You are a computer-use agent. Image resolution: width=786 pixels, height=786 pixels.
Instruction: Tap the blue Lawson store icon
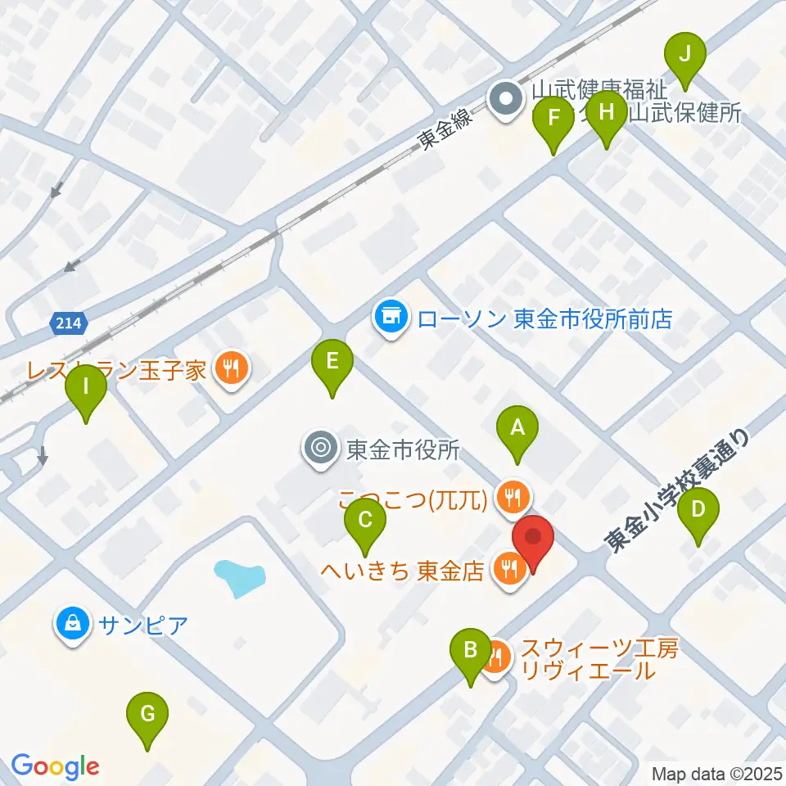click(391, 316)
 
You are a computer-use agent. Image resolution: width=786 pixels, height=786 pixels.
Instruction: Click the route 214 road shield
click(68, 323)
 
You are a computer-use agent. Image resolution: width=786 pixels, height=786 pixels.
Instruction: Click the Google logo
click(55, 766)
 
